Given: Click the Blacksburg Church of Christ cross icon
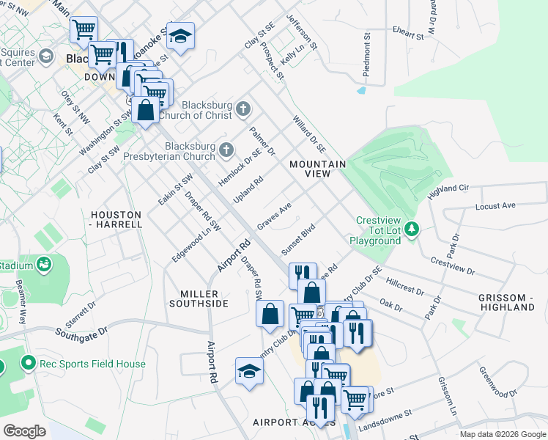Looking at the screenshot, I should (244, 110).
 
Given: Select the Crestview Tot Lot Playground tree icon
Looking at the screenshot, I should (412, 230).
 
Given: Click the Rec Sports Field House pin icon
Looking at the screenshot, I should (29, 362).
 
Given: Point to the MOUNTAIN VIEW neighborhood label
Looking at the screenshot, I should (316, 169).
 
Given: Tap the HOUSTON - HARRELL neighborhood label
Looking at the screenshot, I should (116, 219).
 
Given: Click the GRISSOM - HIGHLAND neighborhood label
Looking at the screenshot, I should (506, 302).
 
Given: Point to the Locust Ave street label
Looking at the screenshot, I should (495, 206).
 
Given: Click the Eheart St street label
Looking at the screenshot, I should (407, 34).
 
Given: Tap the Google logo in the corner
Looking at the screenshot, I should (25, 431).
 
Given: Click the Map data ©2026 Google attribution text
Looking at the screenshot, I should (502, 434).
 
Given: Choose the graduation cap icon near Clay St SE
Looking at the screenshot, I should (178, 34).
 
